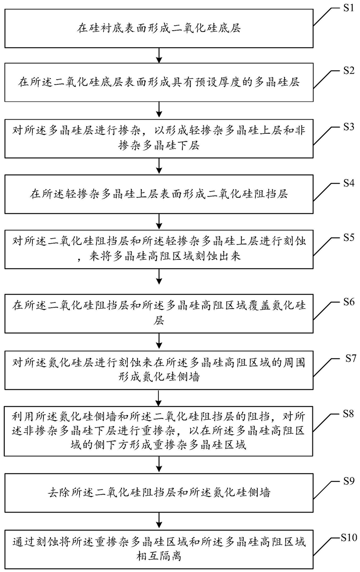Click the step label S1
click(x=349, y=8)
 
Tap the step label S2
click(x=349, y=70)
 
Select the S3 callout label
click(x=349, y=127)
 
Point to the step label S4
click(x=349, y=183)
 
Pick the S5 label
click(x=349, y=237)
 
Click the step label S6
click(x=349, y=302)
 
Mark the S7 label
click(x=351, y=358)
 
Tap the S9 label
click(x=349, y=481)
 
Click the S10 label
click(x=349, y=538)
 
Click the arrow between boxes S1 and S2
click(x=159, y=56)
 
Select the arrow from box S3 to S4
click(x=159, y=166)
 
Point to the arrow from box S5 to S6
click(x=159, y=276)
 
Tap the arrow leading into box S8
click(x=159, y=398)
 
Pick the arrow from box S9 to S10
click(x=159, y=520)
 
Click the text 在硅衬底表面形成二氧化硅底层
click(x=159, y=28)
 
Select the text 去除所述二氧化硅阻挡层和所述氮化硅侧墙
click(x=159, y=492)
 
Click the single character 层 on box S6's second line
click(x=159, y=320)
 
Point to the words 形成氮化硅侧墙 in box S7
click(x=159, y=376)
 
